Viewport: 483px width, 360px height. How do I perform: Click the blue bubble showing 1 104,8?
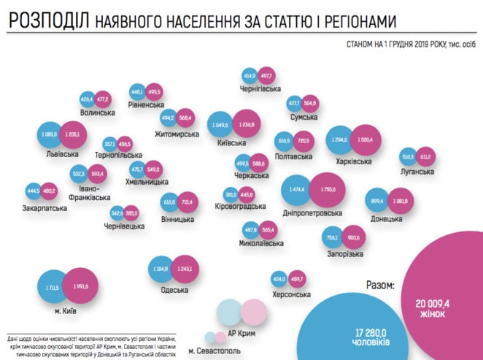click(x=161, y=269)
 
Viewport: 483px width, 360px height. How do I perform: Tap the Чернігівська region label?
click(x=260, y=89)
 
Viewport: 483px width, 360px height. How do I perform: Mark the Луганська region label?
click(x=417, y=172)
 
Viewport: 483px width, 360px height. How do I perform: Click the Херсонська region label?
click(x=290, y=294)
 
